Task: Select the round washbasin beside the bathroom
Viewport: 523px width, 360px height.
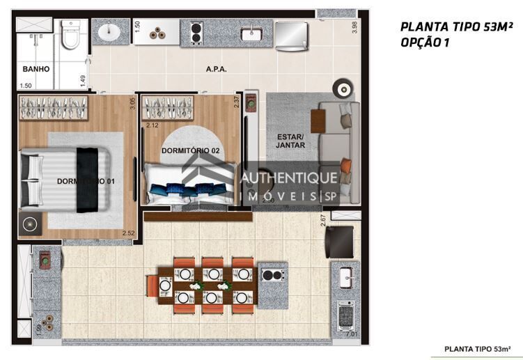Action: point(110,33)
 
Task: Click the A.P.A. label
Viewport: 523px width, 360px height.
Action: point(217,70)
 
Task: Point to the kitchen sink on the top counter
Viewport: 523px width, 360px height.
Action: point(251,33)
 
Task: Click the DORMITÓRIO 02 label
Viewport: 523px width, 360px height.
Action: point(190,150)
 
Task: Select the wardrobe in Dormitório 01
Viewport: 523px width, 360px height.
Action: point(54,109)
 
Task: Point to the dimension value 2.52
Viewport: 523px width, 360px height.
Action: point(127,233)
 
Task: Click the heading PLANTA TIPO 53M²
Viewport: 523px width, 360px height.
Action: point(456,27)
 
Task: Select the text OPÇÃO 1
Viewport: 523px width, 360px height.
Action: point(424,42)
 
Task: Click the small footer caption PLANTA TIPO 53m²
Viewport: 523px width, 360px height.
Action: point(478,348)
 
